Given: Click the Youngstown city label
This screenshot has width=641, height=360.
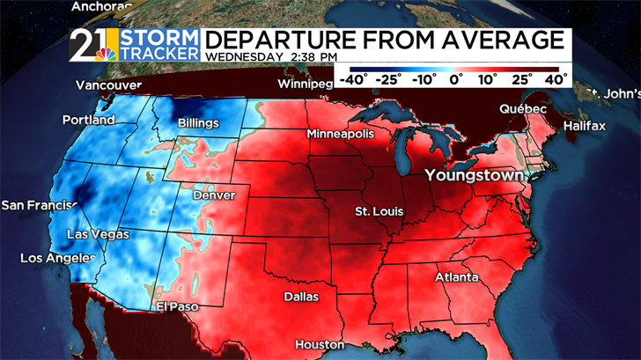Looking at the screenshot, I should (475, 175).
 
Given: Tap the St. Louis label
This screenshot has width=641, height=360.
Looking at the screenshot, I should (373, 212).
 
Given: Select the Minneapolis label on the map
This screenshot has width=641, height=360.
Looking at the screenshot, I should (341, 134).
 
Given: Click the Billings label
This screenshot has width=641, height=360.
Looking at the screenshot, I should (198, 123).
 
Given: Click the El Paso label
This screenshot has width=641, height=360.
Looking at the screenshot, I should (177, 306).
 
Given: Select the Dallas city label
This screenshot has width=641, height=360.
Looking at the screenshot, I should (301, 297).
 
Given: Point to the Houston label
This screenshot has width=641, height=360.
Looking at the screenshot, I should (319, 344).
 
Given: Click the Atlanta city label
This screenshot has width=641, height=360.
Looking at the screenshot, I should (457, 277).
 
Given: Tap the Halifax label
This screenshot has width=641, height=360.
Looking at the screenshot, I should (585, 126).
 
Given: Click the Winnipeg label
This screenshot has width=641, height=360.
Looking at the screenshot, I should (302, 84).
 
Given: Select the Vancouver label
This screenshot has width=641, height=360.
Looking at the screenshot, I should (109, 85).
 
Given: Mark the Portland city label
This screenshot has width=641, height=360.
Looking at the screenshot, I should (88, 119).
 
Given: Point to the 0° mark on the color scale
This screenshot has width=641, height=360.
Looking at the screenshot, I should (456, 79).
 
